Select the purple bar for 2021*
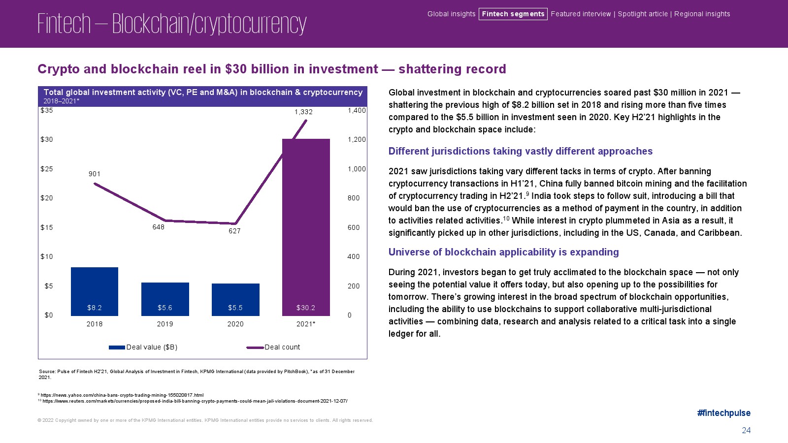(306, 226)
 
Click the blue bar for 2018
(95, 290)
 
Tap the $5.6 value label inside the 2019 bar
(165, 308)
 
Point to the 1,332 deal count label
(303, 112)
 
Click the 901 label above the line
(95, 174)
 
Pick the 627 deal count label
(234, 231)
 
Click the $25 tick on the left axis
(47, 169)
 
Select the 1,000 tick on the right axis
(357, 169)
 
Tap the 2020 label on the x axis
(235, 324)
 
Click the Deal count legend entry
(282, 347)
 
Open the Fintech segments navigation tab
(513, 14)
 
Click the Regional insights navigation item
(702, 14)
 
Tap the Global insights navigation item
(451, 14)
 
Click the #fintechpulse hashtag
(723, 413)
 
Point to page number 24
(746, 430)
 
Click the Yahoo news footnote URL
(122, 395)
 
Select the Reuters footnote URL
(195, 401)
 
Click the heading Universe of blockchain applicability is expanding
(503, 252)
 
